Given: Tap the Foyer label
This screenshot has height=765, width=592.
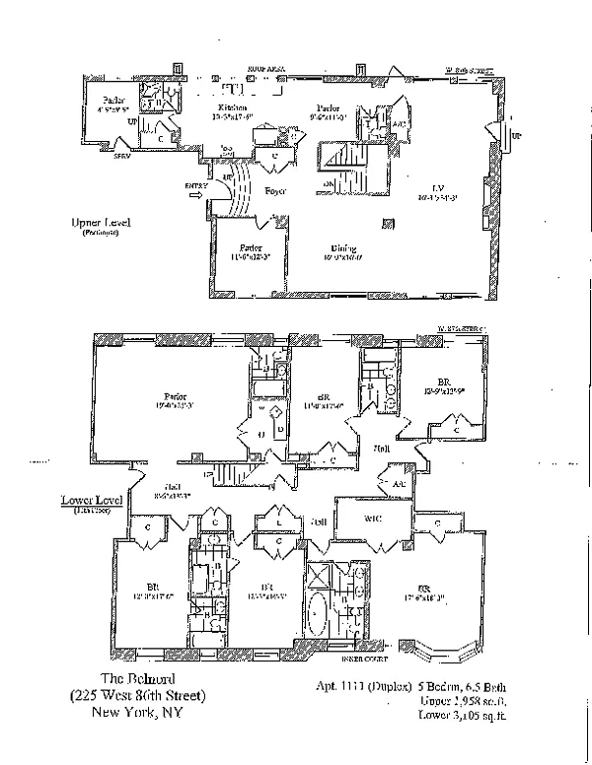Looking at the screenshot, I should (275, 190).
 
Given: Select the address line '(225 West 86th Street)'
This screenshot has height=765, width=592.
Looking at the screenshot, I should (143, 696).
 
